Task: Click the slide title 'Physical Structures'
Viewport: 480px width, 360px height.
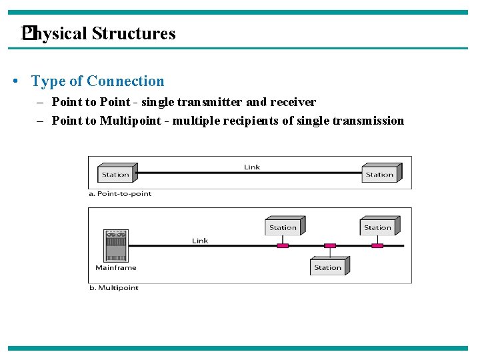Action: coord(99,33)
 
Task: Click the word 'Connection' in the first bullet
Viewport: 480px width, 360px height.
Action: coord(125,81)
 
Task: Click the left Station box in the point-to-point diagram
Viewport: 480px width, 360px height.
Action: coord(115,174)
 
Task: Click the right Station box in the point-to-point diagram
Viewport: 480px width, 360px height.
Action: coord(379,174)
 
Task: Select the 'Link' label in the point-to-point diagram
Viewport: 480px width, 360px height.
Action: coord(252,167)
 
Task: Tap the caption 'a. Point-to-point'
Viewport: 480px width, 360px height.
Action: coord(121,194)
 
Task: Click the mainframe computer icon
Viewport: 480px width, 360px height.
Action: coord(115,246)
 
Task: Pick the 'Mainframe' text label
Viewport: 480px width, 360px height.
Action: coord(115,268)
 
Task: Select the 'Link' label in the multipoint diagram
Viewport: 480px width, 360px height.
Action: coord(200,241)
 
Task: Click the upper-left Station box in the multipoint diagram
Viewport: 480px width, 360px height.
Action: coord(283,227)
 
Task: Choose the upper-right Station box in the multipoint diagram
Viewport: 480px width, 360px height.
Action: coord(378,227)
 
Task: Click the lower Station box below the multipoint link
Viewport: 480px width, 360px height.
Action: coord(328,267)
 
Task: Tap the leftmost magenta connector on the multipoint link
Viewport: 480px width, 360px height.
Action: coord(283,246)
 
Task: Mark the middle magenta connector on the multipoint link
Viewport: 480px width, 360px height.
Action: coord(330,246)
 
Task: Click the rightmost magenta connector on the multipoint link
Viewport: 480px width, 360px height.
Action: coord(377,246)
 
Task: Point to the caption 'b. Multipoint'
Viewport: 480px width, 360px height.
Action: coord(113,288)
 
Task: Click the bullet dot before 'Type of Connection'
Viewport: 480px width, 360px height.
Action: coord(15,82)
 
